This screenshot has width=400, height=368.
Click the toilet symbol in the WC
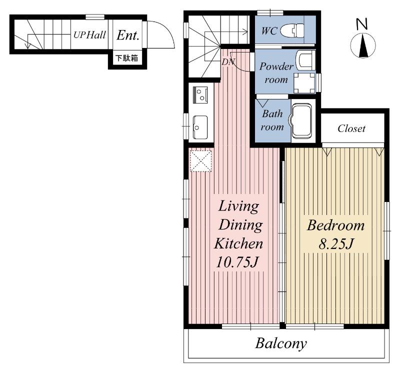click(x=292, y=31)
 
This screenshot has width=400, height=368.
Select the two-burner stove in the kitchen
click(x=200, y=95)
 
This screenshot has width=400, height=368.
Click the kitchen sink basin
click(x=200, y=127)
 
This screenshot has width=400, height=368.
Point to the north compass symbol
click(x=363, y=38)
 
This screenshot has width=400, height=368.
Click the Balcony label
click(x=281, y=343)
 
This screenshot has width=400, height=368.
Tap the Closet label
click(x=351, y=128)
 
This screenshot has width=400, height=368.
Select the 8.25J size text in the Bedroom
click(x=335, y=244)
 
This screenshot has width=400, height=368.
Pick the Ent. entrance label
click(x=128, y=35)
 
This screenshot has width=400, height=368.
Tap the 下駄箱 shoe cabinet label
click(x=127, y=58)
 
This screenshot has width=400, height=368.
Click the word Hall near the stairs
click(x=95, y=35)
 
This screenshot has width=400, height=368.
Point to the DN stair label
click(x=227, y=61)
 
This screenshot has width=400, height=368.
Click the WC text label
click(x=269, y=31)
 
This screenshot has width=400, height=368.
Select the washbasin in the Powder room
click(x=305, y=59)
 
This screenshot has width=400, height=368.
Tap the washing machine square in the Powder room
click(x=304, y=83)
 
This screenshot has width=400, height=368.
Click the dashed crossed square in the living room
click(x=201, y=160)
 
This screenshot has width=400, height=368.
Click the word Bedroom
click(x=335, y=225)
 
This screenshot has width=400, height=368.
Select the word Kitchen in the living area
click(x=238, y=243)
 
